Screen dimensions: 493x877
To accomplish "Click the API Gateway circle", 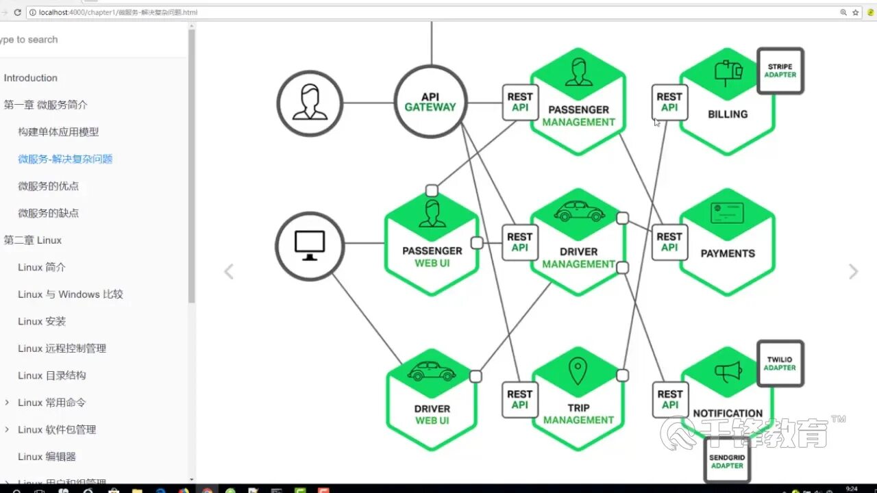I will (x=430, y=102).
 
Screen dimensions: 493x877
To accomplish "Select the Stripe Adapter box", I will (x=780, y=71).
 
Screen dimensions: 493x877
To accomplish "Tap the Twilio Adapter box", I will (x=780, y=364).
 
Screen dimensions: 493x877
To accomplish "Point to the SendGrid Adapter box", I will (x=727, y=461).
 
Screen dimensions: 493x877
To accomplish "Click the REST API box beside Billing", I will (x=669, y=102).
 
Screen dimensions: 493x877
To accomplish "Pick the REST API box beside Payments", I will (x=669, y=242).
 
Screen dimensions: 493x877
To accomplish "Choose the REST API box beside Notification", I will (x=669, y=399).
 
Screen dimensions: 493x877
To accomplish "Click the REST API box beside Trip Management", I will (x=519, y=399).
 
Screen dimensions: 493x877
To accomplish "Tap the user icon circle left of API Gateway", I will (x=310, y=103).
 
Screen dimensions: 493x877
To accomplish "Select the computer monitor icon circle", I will (x=310, y=246).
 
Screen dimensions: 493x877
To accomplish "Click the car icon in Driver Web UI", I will (x=431, y=372).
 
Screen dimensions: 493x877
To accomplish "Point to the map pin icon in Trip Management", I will (x=578, y=371).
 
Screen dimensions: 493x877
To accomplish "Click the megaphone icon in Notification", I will (x=728, y=372).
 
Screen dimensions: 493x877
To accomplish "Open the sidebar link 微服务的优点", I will (x=49, y=186).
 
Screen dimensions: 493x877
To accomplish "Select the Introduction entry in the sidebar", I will (x=31, y=78).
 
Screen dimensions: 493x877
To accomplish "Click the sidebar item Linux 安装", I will (x=42, y=321).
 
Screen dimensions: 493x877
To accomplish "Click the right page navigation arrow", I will (x=853, y=272).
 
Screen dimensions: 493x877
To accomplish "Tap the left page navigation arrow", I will (x=229, y=272).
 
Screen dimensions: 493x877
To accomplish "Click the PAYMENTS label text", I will (x=728, y=253).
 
